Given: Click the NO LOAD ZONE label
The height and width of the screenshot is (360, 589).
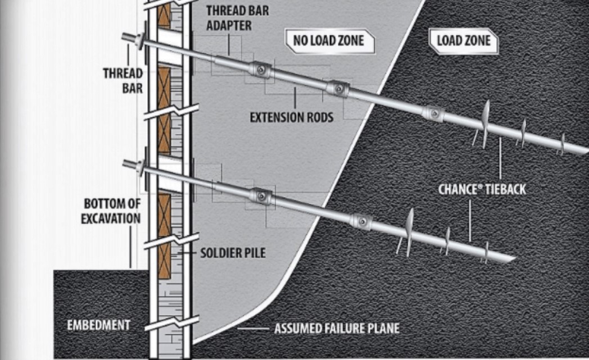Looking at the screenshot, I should pyautogui.click(x=328, y=40).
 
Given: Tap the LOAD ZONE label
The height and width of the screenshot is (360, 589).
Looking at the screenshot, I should pyautogui.click(x=463, y=40).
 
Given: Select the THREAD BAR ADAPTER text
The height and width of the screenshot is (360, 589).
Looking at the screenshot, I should pyautogui.click(x=229, y=18).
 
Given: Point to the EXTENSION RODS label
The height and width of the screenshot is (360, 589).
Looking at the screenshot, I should pyautogui.click(x=291, y=117).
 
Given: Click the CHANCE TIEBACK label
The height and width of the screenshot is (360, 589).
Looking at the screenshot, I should pyautogui.click(x=482, y=189).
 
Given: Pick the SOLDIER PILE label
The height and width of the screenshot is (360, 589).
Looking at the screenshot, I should pyautogui.click(x=233, y=253).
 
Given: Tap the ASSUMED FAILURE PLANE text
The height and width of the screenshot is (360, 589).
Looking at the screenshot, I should pyautogui.click(x=337, y=328).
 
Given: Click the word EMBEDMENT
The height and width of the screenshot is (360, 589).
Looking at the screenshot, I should pyautogui.click(x=98, y=325).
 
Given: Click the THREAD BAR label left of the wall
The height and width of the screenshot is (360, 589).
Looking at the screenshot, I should pyautogui.click(x=123, y=80).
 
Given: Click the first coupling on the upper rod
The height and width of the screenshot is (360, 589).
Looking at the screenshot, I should pyautogui.click(x=260, y=70).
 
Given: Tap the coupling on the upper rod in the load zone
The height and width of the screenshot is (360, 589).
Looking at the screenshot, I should pyautogui.click(x=433, y=113).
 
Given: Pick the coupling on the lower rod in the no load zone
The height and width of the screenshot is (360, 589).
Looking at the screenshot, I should pyautogui.click(x=261, y=197).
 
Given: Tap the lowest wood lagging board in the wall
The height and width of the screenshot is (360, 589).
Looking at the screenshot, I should pyautogui.click(x=164, y=257).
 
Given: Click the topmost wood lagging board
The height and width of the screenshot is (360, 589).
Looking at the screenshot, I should pyautogui.click(x=164, y=17).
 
